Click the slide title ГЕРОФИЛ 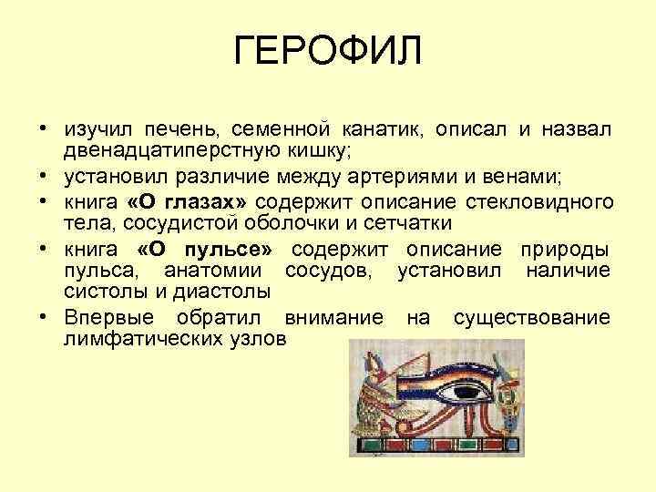[x=328, y=52]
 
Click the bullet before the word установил [x=45, y=175]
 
